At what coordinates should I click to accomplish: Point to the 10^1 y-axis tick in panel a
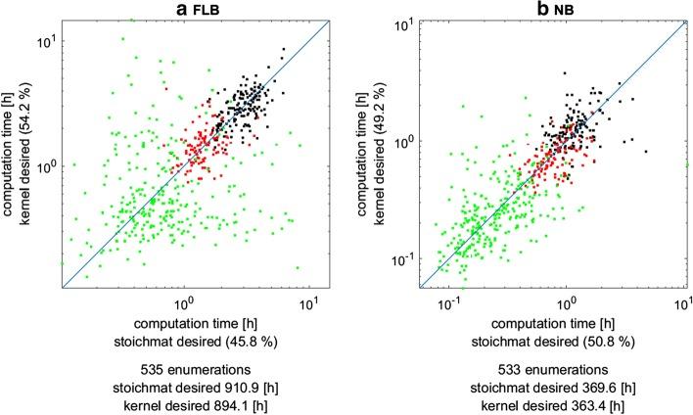click(x=46, y=42)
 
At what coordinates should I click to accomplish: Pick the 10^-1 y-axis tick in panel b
click(x=403, y=259)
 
